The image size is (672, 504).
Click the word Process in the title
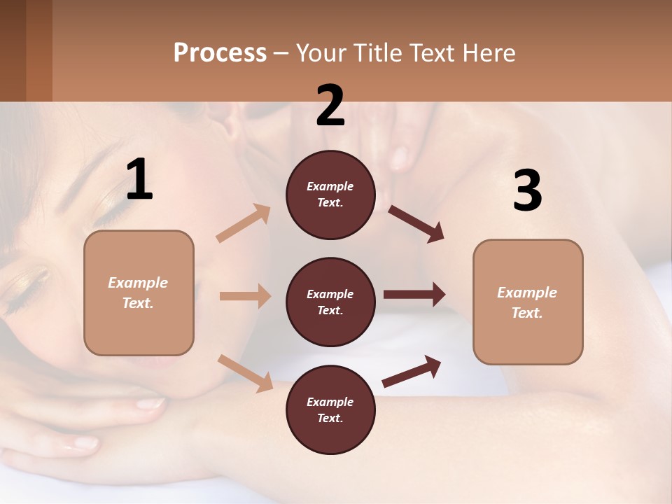pos(220,52)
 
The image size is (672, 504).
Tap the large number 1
pos(139,180)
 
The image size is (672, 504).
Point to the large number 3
pos(527,190)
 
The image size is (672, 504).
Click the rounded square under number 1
pos(139,293)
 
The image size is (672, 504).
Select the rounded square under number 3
pos(528,302)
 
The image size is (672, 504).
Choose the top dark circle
pos(330,195)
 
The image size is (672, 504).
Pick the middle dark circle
pos(330,302)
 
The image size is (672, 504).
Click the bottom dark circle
pos(330,410)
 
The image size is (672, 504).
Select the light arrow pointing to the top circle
pos(244,223)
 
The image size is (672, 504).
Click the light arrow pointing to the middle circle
pos(245,296)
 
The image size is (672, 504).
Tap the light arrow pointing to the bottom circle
pos(245,373)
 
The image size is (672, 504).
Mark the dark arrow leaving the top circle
pos(416,223)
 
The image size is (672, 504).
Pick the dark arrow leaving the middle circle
pos(414,295)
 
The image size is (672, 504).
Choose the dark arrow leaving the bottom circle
pos(412,371)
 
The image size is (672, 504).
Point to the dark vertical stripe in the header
pos(39,50)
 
